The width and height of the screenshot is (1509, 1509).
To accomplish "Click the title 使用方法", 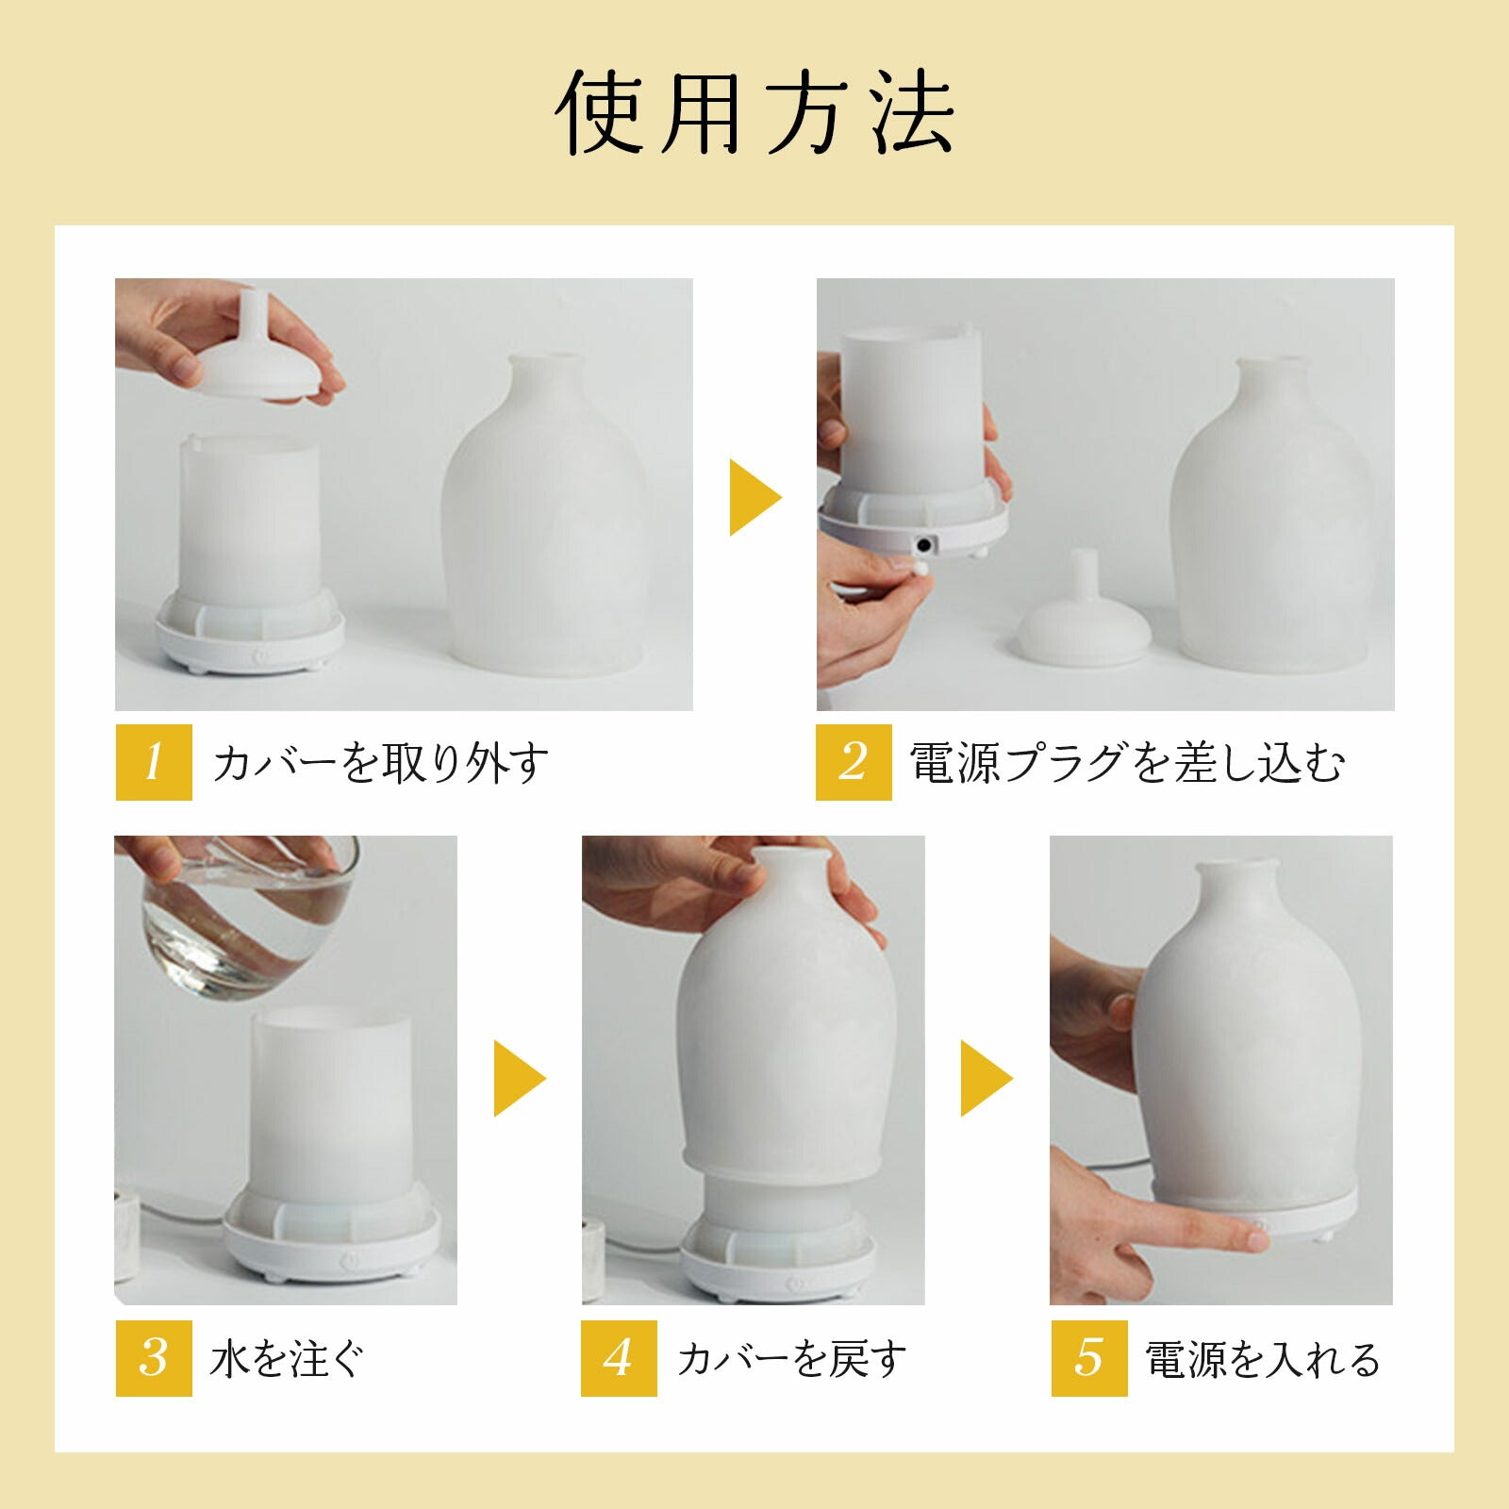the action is [754, 113].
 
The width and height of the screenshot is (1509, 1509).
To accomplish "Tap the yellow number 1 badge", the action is [154, 762].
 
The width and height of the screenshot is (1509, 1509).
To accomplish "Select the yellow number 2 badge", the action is [854, 762].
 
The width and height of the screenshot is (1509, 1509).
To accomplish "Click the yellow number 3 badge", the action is [154, 1358].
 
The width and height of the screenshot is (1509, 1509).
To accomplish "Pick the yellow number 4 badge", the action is [619, 1358].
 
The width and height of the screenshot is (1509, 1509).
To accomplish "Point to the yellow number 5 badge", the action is [1089, 1358].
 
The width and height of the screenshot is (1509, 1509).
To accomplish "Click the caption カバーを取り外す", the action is [380, 763].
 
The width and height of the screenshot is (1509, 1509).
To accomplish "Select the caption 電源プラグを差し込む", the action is [1127, 763].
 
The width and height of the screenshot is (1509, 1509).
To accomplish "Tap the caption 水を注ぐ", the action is [287, 1359].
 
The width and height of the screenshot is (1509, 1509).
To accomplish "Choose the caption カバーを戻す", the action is [791, 1359].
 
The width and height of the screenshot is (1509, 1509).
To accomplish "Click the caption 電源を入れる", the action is [1263, 1359].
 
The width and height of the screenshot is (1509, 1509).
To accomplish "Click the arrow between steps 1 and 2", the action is [754, 497].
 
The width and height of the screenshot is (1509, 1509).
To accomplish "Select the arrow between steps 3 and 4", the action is [520, 1078].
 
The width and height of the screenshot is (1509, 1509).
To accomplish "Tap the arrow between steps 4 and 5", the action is [987, 1078].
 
